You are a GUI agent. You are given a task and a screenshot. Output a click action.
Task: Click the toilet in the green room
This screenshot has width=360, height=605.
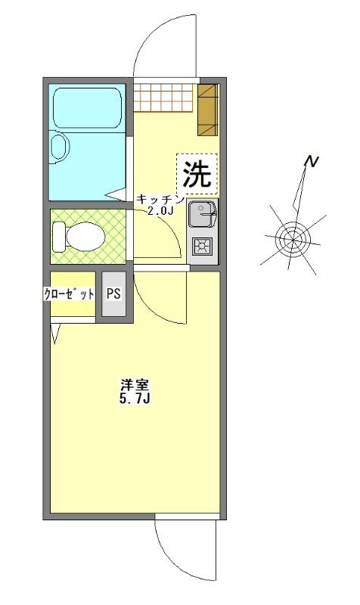76,237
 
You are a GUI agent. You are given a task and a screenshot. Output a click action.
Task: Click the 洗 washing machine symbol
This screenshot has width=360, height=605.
197,174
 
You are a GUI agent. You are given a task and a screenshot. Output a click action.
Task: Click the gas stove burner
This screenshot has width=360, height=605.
203,247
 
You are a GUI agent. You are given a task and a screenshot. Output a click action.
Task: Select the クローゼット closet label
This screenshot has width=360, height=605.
69,294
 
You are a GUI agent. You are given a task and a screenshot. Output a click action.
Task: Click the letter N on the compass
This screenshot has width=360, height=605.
310,161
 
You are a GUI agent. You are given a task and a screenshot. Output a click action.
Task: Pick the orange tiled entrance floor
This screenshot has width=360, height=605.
166,97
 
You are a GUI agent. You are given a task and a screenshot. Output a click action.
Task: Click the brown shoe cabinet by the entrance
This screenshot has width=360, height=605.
207,110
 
